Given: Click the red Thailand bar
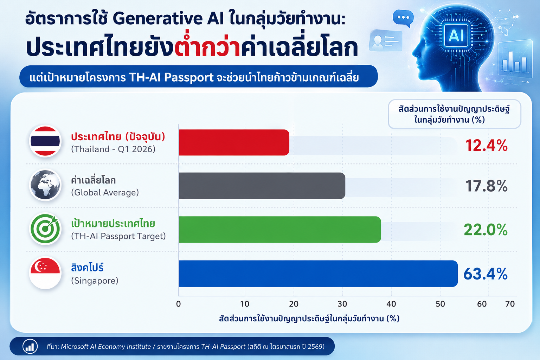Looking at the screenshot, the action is coord(234,142).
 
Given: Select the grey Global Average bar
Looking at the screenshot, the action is coord(262,186).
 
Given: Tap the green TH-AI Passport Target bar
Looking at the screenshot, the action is coord(280,229).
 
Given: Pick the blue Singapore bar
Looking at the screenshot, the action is coord(318,274).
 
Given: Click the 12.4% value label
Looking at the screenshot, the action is coord(486,146).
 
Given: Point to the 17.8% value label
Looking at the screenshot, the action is coord(486,186).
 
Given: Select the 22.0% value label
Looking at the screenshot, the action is coord(486,230).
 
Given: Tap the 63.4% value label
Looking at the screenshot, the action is coord(485,274).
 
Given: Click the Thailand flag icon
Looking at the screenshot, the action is coord(45,141).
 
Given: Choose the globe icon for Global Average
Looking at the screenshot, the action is coord(45,185).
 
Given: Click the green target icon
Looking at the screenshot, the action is coord(45,229).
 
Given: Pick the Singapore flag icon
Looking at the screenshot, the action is coord(45,273).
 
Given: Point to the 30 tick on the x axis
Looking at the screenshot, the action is coord(342,304).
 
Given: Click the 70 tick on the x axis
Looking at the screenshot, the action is coord(510,304).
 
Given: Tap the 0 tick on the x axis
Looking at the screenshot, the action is coord(178,304).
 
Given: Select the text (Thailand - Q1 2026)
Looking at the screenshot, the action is coord(113,149).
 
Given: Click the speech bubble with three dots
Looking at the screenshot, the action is coord(403,18).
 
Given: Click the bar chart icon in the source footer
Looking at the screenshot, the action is coord(30,347).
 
